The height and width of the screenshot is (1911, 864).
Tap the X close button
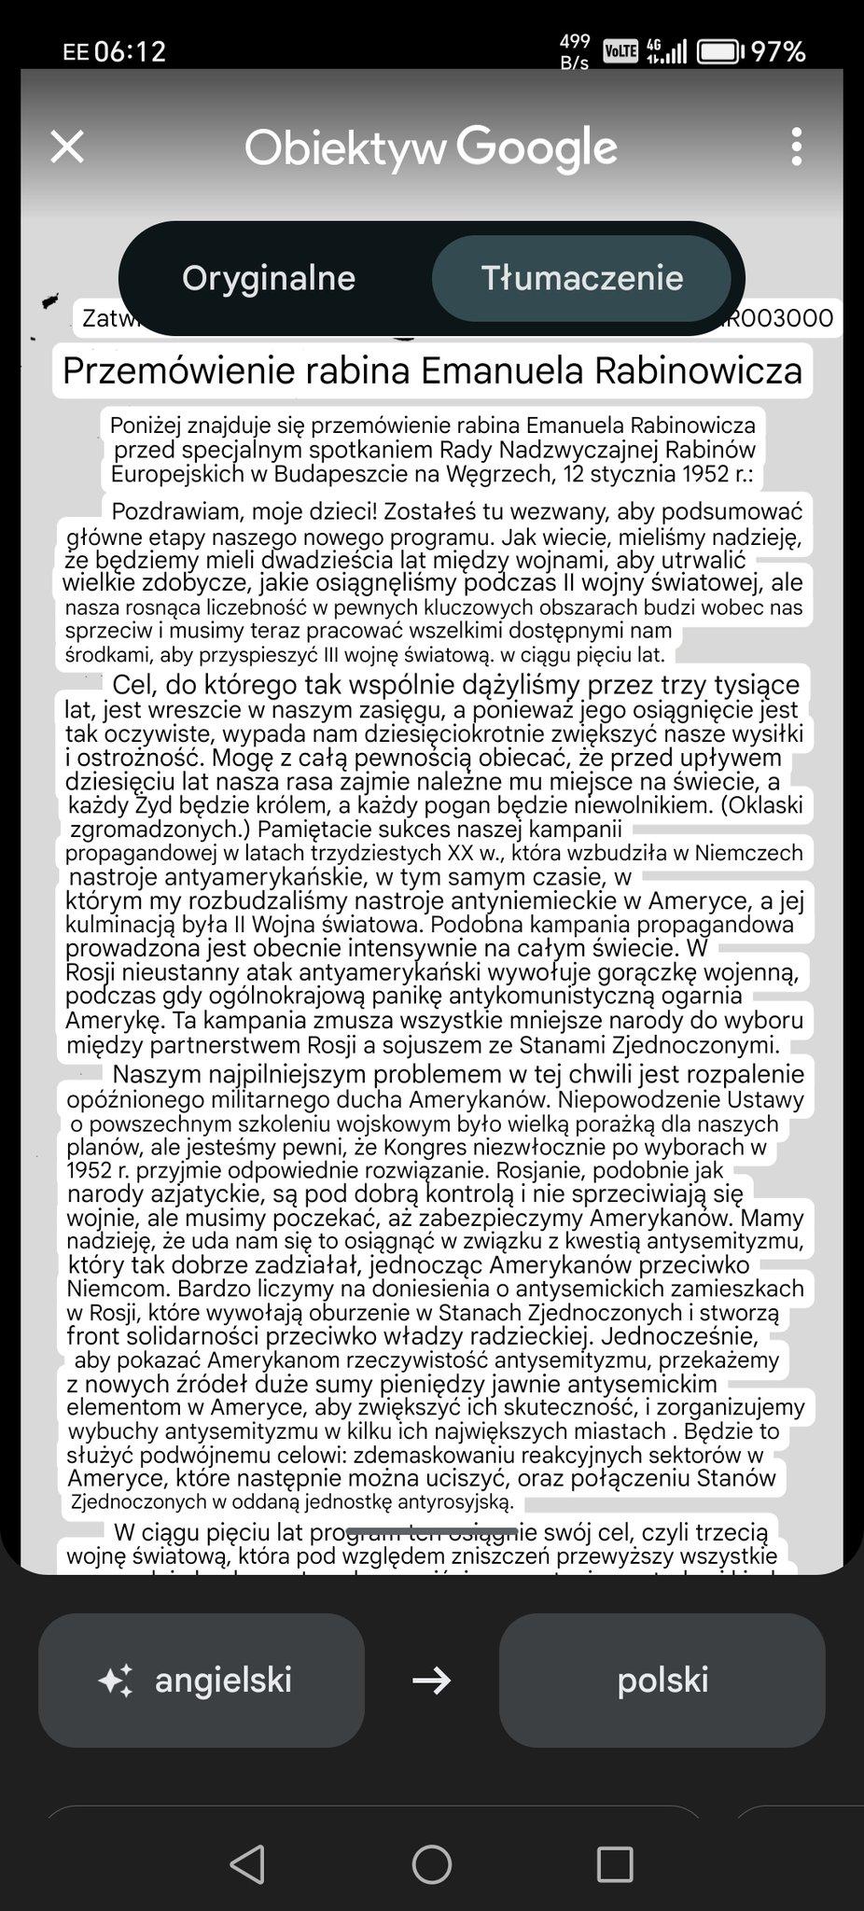[67, 146]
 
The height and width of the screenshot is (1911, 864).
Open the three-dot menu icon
[796, 146]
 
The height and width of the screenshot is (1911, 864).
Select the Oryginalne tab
[269, 278]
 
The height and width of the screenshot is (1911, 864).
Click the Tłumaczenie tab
[581, 278]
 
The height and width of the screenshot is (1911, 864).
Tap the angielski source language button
[202, 1681]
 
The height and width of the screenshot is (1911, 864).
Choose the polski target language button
[662, 1681]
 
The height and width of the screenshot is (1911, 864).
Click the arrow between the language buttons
[431, 1681]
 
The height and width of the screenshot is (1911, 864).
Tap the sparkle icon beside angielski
[116, 1681]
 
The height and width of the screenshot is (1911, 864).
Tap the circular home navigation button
[432, 1864]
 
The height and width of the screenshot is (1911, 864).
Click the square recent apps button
[615, 1864]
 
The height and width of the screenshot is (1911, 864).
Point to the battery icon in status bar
[719, 51]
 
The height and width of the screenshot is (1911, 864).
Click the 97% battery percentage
[778, 51]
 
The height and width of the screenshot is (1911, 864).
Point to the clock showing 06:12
[130, 51]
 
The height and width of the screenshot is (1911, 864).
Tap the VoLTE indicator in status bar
[620, 50]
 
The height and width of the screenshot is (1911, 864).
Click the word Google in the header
[537, 147]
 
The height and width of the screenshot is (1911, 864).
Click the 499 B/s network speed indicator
[575, 51]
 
